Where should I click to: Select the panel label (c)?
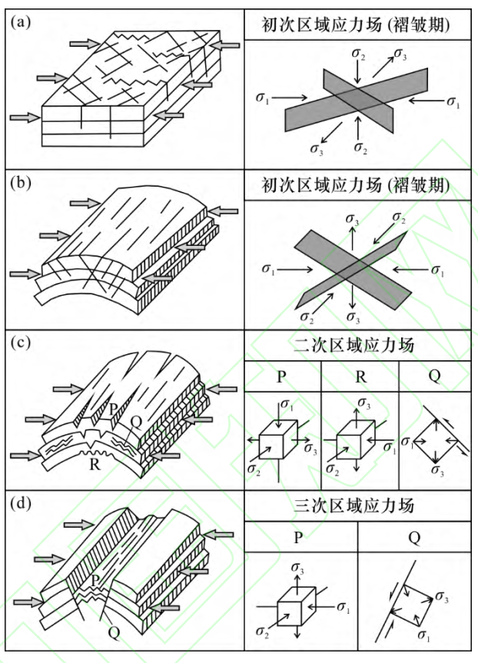pos(21,343)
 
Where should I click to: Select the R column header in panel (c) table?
pos(360,376)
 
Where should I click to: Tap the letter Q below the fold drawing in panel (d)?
pos(115,632)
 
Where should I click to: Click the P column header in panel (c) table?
pos(283,376)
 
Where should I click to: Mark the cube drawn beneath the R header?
pos(358,445)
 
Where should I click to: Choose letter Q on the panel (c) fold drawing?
pos(135,420)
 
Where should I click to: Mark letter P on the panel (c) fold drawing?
pos(113,410)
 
